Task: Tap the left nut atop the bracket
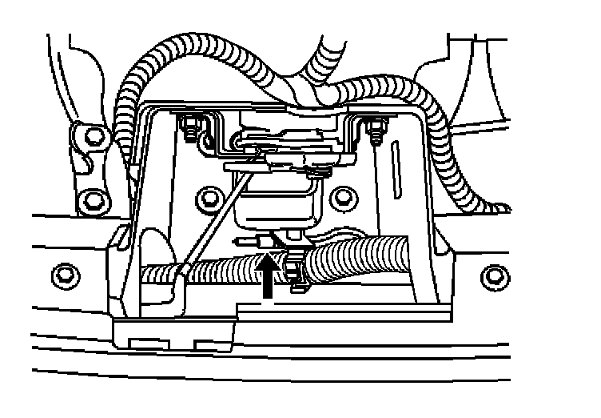[189, 126]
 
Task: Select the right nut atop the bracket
[374, 127]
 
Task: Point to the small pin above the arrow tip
[252, 240]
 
